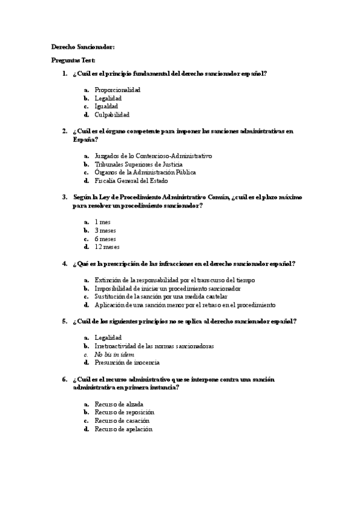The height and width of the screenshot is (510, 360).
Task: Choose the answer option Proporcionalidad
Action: tap(117, 90)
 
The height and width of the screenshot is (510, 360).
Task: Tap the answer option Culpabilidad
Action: tap(112, 114)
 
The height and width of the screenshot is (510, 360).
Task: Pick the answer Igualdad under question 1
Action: tap(106, 106)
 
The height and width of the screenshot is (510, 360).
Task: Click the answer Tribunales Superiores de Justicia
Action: tap(139, 164)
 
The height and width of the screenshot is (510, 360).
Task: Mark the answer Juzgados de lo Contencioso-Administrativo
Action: tap(153, 156)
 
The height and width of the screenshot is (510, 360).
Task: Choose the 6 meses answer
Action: tap(105, 238)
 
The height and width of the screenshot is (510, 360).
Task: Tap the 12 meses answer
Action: tap(107, 247)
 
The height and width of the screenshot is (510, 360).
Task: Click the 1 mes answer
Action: tap(103, 222)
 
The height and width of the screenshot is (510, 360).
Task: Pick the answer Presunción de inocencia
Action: tap(127, 363)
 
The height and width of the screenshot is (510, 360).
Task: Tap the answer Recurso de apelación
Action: tap(123, 429)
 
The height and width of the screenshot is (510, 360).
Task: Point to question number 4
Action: tap(64, 263)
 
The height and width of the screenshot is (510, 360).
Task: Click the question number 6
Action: tap(64, 379)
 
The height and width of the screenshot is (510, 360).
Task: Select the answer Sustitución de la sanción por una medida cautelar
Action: tap(161, 296)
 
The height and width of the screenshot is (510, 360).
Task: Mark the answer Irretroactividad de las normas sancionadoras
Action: tap(154, 346)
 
